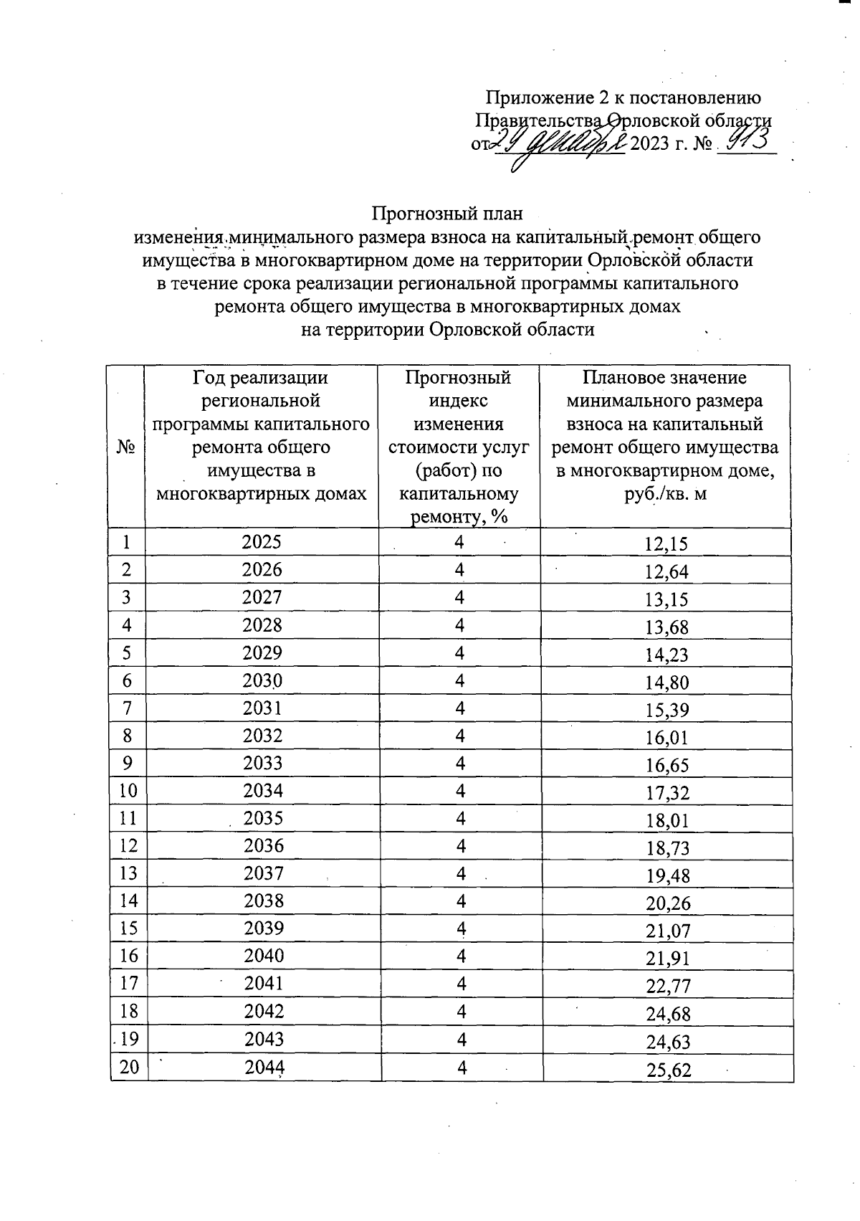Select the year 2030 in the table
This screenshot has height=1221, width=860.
262,680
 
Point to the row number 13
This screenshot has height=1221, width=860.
129,873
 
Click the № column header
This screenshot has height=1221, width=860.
126,447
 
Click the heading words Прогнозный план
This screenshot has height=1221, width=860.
447,214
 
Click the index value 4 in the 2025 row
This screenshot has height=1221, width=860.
459,543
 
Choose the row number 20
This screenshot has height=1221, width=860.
129,1068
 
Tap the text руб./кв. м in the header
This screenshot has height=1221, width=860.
666,494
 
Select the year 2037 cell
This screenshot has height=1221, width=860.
263,873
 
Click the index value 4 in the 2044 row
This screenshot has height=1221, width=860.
462,1068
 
